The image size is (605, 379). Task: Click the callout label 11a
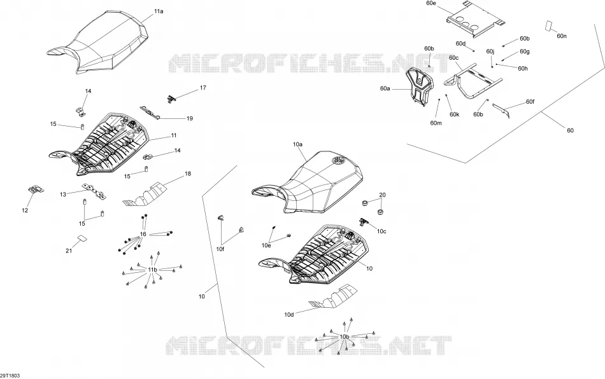tap(159, 11)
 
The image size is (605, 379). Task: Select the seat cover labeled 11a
tap(98, 43)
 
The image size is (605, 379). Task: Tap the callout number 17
tap(203, 88)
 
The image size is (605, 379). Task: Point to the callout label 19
tap(189, 119)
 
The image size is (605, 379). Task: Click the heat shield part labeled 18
tap(145, 194)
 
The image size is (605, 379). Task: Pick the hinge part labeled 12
tap(36, 189)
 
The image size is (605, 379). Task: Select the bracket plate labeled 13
tap(94, 191)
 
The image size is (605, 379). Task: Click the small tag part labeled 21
tap(82, 238)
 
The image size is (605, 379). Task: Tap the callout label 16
tap(143, 234)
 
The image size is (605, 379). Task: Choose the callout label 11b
tap(153, 270)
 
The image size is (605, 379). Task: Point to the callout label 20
tap(382, 195)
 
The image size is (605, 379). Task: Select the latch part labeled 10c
tap(365, 221)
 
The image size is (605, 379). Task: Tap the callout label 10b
tap(344, 337)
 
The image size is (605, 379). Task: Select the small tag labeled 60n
tap(548, 25)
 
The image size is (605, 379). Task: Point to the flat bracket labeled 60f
tap(501, 111)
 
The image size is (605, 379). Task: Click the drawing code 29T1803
tap(10, 376)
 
